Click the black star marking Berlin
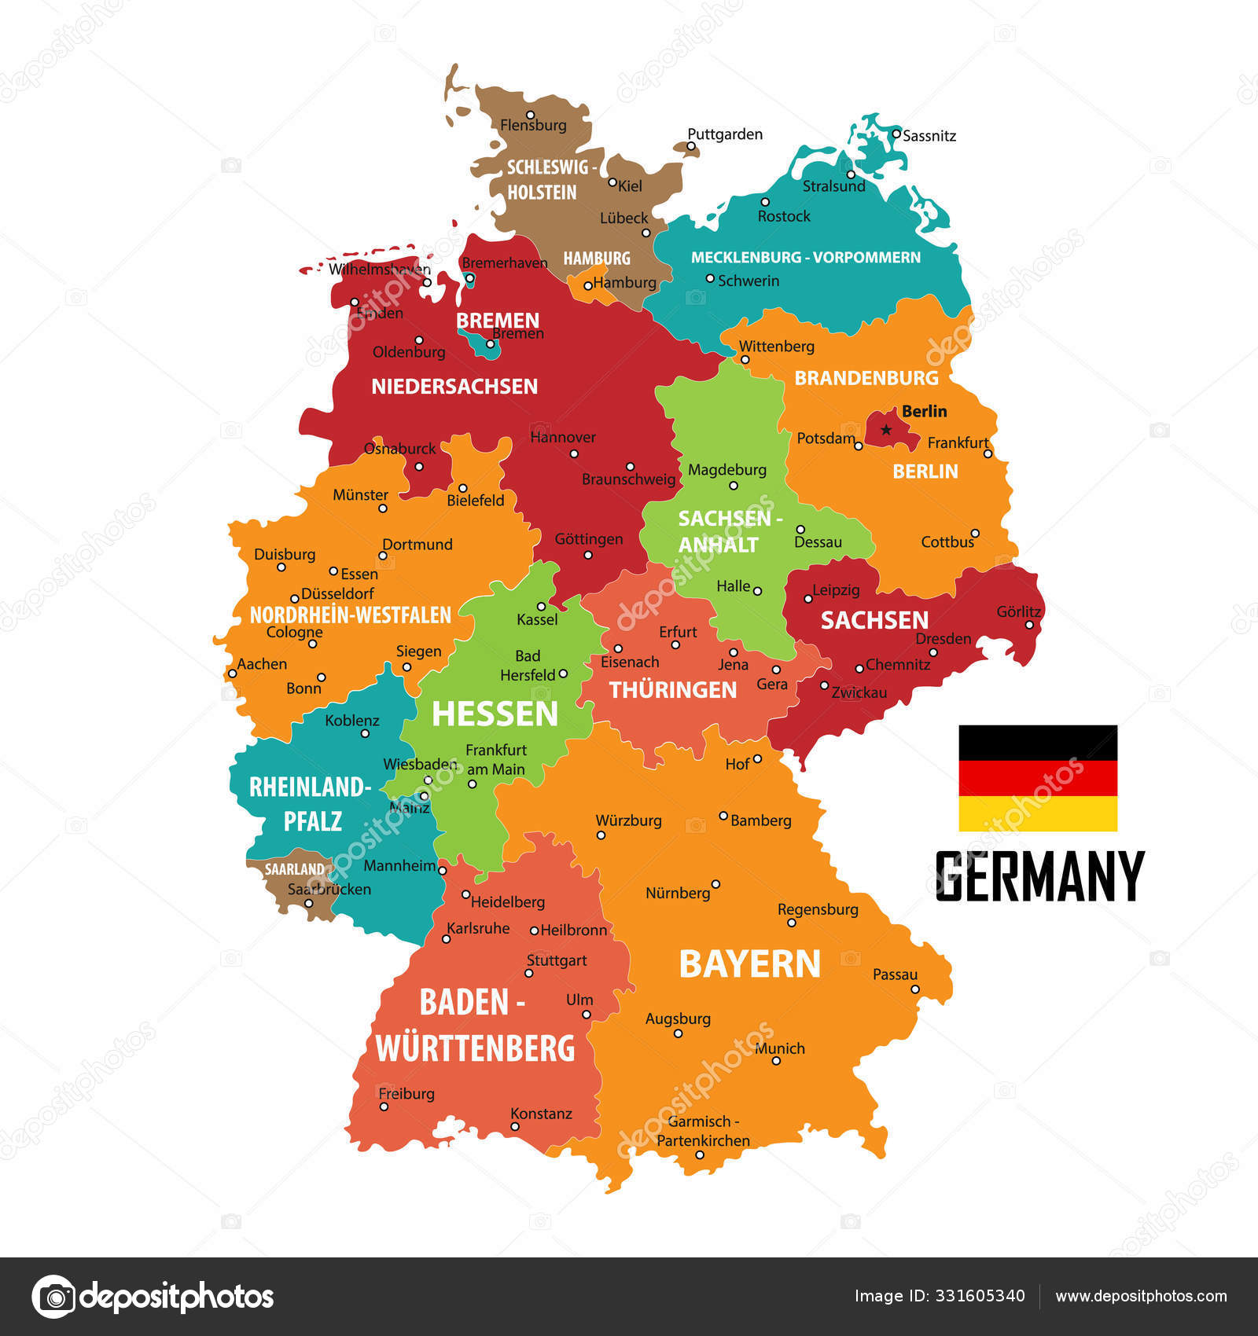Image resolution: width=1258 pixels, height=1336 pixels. pyautogui.click(x=886, y=430)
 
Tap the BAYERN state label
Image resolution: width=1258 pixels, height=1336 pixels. pyautogui.click(x=749, y=964)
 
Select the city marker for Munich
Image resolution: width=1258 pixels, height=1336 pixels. pyautogui.click(x=776, y=1061)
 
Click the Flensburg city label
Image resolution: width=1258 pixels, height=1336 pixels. pyautogui.click(x=533, y=125)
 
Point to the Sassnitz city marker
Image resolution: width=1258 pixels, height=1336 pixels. pyautogui.click(x=896, y=134)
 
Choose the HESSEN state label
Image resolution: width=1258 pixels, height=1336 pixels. pyautogui.click(x=495, y=714)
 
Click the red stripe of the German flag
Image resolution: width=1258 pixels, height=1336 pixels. pyautogui.click(x=1037, y=778)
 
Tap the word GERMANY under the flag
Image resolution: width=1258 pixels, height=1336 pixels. pyautogui.click(x=1039, y=876)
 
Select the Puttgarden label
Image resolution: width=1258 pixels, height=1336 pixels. pyautogui.click(x=724, y=134)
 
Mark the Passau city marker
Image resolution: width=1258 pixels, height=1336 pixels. pyautogui.click(x=915, y=989)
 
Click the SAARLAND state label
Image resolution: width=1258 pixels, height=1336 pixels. pyautogui.click(x=294, y=869)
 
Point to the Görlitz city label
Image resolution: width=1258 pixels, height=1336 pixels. pyautogui.click(x=1018, y=611)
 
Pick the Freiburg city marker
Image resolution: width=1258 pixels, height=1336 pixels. pyautogui.click(x=384, y=1107)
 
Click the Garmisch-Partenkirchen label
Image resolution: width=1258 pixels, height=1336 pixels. pyautogui.click(x=703, y=1131)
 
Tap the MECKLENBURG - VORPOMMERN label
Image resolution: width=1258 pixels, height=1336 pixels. pyautogui.click(x=805, y=258)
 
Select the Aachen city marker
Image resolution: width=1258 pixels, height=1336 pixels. pyautogui.click(x=232, y=674)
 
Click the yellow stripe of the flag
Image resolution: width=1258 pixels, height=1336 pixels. pyautogui.click(x=1037, y=813)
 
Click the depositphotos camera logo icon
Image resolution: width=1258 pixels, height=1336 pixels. pyautogui.click(x=54, y=1296)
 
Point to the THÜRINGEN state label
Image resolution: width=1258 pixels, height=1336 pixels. pyautogui.click(x=673, y=690)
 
